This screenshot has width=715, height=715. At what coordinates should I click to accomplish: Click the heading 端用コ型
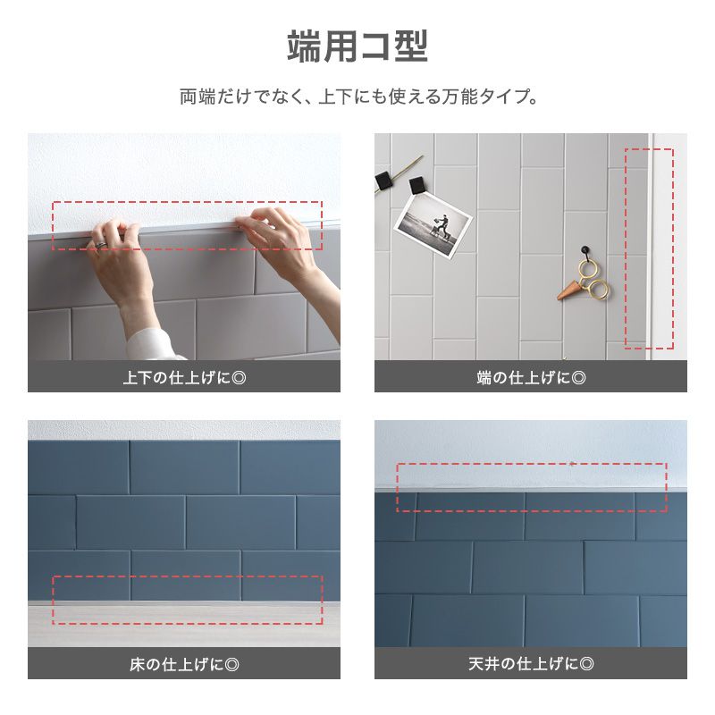pyautogui.click(x=357, y=46)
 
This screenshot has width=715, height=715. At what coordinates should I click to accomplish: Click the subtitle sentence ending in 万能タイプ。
pyautogui.click(x=357, y=96)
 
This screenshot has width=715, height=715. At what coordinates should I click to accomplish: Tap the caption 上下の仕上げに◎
pyautogui.click(x=184, y=378)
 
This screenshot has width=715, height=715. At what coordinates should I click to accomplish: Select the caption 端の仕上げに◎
pyautogui.click(x=531, y=378)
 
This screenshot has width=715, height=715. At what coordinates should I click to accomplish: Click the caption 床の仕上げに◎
pyautogui.click(x=184, y=664)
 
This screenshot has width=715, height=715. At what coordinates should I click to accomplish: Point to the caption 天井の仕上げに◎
pyautogui.click(x=531, y=664)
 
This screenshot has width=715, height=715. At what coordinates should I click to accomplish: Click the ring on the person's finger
pyautogui.click(x=102, y=243)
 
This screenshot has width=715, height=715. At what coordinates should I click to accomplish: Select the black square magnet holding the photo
pyautogui.click(x=416, y=187)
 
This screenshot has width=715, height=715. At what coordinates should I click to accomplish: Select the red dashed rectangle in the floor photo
pyautogui.click(x=187, y=600)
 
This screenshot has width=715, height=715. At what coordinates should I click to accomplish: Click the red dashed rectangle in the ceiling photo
pyautogui.click(x=532, y=487)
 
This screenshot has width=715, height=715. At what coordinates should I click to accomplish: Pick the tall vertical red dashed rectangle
pyautogui.click(x=636, y=248)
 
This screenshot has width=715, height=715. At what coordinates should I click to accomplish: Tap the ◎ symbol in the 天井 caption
pyautogui.click(x=587, y=664)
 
